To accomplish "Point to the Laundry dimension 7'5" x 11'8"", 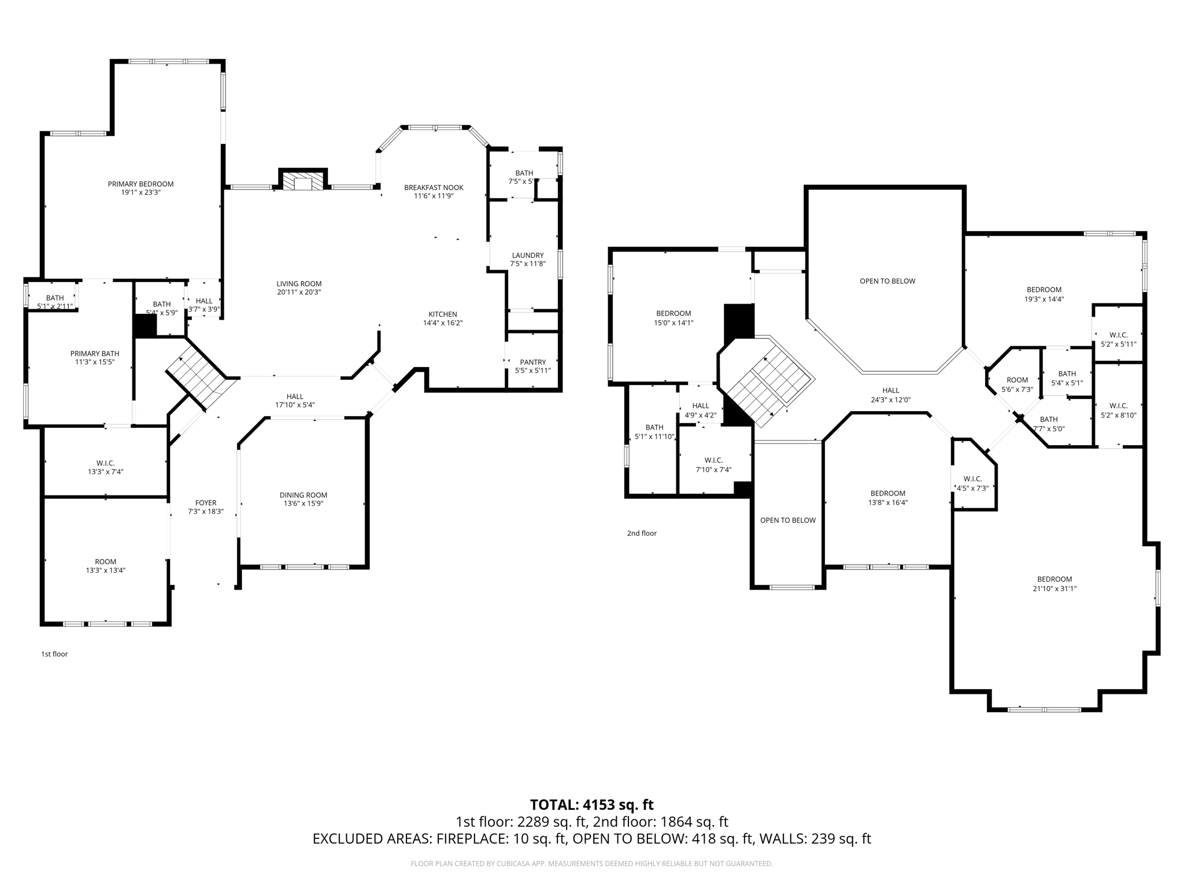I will [x=528, y=264].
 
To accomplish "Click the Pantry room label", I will [x=532, y=362].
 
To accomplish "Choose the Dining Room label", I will [x=304, y=495].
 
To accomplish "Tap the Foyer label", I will [x=206, y=503].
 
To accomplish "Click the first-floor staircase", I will [x=197, y=376].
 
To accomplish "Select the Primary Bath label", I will [x=95, y=354].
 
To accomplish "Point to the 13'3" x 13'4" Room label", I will [x=106, y=566].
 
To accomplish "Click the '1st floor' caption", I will [x=54, y=654].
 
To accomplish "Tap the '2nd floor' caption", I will [x=642, y=533].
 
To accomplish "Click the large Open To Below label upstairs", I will [x=887, y=281].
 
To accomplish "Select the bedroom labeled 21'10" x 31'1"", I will [x=1054, y=584].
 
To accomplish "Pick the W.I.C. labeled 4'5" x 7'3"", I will [x=972, y=483].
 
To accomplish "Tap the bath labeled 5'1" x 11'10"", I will [x=654, y=432].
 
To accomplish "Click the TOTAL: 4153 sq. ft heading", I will [x=591, y=805].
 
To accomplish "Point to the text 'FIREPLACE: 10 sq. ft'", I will [x=500, y=839].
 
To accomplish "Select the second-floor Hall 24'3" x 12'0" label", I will [x=891, y=395].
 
